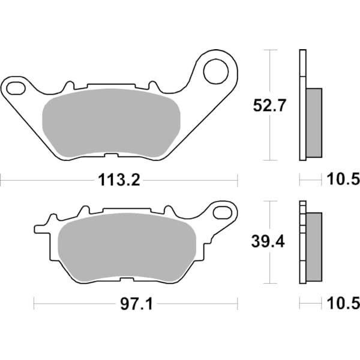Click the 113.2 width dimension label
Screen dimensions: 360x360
click(119, 179)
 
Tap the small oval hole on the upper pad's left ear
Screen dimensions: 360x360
click(16, 89)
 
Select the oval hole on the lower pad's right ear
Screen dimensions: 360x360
click(224, 212)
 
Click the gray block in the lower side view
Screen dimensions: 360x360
click(314, 247)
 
